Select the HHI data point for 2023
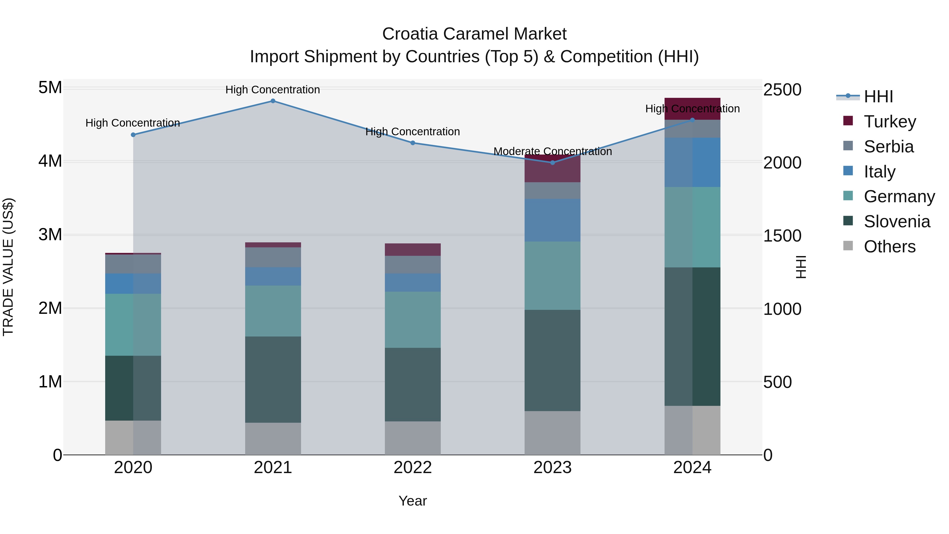pyautogui.click(x=552, y=162)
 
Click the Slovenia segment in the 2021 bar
pyautogui.click(x=273, y=379)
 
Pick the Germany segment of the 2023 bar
pyautogui.click(x=552, y=276)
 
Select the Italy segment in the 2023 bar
pyautogui.click(x=552, y=220)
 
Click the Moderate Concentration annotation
pyautogui.click(x=552, y=151)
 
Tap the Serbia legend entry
pyautogui.click(x=889, y=147)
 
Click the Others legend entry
pyautogui.click(x=889, y=247)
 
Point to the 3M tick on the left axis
pyautogui.click(x=50, y=235)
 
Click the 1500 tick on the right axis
pyautogui.click(x=782, y=236)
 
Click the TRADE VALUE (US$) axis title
pyautogui.click(x=8, y=267)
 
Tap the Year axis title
pyautogui.click(x=413, y=501)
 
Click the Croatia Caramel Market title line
pyautogui.click(x=474, y=34)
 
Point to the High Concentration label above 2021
pyautogui.click(x=273, y=90)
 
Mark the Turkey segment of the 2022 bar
pyautogui.click(x=413, y=249)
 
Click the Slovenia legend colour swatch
pyautogui.click(x=848, y=221)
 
